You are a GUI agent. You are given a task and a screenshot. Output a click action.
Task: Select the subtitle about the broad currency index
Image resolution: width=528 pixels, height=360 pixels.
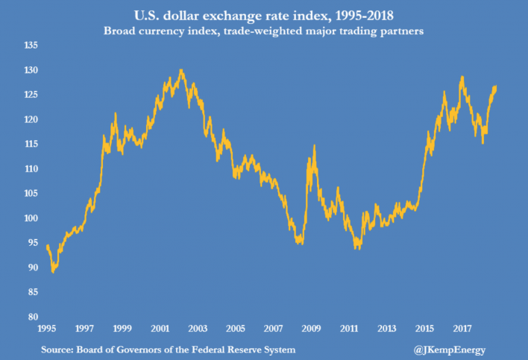click(x=265, y=33)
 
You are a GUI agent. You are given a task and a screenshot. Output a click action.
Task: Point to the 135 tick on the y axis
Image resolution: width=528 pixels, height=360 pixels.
click(x=31, y=46)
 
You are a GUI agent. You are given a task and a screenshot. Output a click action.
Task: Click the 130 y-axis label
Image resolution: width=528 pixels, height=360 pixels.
click(x=31, y=71)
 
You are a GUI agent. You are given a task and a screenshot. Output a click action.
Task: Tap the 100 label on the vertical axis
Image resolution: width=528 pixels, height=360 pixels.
click(x=31, y=218)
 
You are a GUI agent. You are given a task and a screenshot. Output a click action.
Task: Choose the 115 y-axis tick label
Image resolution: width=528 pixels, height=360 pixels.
click(x=31, y=145)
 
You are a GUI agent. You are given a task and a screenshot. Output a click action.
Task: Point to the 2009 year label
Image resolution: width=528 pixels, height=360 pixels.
click(x=311, y=328)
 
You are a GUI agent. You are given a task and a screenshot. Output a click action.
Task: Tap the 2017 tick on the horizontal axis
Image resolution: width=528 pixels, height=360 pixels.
click(x=462, y=328)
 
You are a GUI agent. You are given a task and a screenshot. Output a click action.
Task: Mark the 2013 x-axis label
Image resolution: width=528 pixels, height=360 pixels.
click(x=387, y=328)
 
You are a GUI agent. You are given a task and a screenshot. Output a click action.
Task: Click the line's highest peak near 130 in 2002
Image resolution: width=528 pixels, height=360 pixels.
click(x=181, y=70)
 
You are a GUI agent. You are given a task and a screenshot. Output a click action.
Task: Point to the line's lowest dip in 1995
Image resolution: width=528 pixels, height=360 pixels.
click(x=53, y=272)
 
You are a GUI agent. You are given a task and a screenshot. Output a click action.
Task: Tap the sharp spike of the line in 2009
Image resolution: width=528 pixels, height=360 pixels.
click(x=314, y=145)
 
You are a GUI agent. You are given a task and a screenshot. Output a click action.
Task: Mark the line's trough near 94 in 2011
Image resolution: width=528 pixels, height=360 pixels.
click(x=356, y=248)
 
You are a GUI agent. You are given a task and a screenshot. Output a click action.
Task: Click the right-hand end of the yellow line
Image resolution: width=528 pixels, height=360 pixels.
click(x=496, y=87)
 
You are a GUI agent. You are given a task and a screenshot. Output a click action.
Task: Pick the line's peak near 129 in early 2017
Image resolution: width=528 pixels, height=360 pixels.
click(x=462, y=76)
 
